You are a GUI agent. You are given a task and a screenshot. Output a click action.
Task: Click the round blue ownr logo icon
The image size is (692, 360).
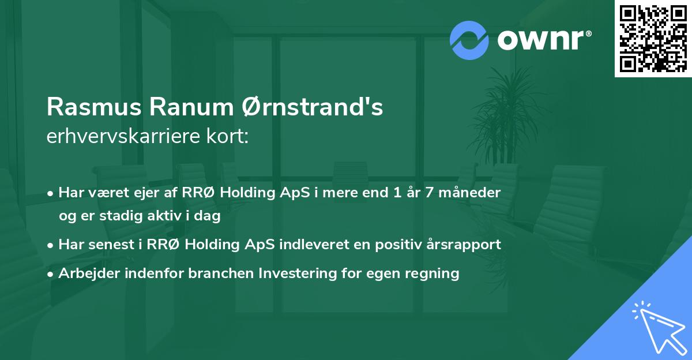(469, 40)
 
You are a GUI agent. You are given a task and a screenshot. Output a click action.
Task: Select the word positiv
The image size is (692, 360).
(390, 245)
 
